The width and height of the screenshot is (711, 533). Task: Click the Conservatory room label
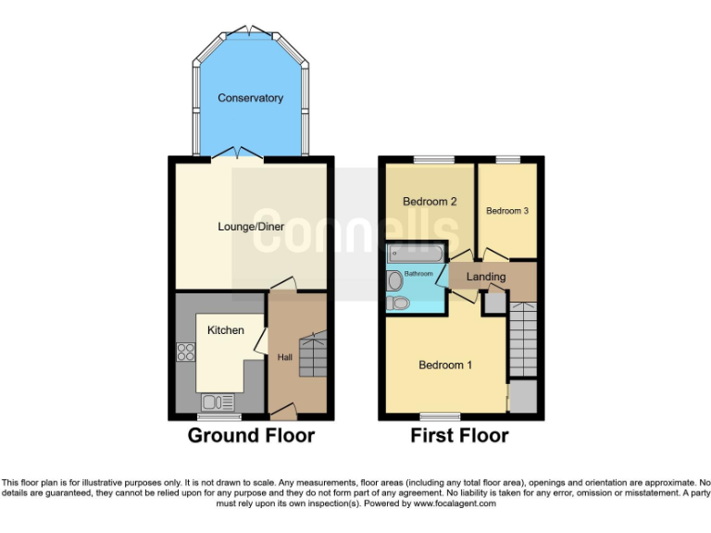(x=250, y=98)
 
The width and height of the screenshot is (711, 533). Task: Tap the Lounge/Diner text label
(x=250, y=226)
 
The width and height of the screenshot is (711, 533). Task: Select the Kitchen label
(x=225, y=330)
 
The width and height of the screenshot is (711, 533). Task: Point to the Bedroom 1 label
(x=445, y=366)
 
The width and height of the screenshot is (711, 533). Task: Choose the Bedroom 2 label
(x=430, y=202)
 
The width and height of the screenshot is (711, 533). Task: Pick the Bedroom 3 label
(x=506, y=211)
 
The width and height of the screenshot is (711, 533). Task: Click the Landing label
(x=485, y=277)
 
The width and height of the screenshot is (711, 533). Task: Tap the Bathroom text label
(x=418, y=274)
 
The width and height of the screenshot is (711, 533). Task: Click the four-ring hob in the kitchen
(x=185, y=352)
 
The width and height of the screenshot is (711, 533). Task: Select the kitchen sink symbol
(x=218, y=402)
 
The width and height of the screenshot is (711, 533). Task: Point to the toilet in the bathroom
(x=398, y=303)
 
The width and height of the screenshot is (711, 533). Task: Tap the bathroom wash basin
(x=395, y=279)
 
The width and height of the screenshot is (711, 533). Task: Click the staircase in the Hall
(x=312, y=355)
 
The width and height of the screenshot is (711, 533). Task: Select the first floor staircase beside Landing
(x=522, y=341)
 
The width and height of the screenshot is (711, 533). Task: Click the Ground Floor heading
(x=251, y=435)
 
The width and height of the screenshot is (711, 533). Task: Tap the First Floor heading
(x=459, y=435)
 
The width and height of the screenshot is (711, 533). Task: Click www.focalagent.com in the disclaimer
(x=455, y=504)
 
